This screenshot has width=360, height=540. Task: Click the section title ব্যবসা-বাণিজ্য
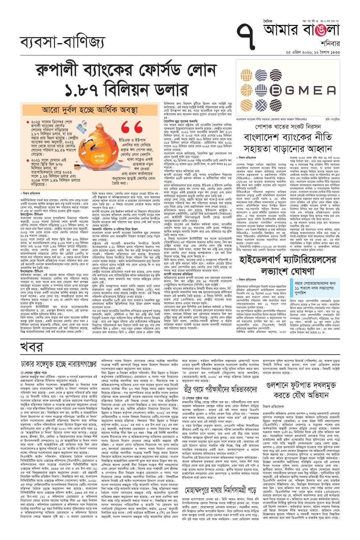tap(62, 42)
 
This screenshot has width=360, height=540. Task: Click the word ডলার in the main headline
tap(166, 89)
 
